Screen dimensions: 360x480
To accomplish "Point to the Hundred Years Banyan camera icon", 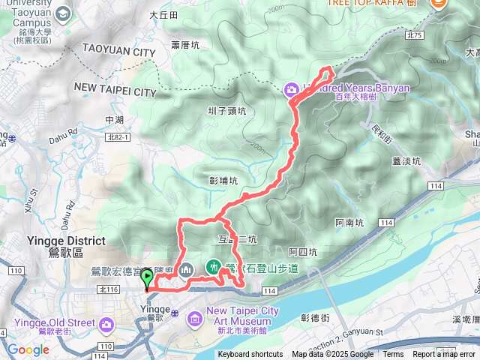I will point(291,90).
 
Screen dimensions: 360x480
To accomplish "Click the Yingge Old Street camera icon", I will point(106,324).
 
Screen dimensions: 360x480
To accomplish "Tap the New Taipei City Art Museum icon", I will point(195,320).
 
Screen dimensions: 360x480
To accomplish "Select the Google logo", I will point(28,349).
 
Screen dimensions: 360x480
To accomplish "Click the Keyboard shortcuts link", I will point(250,355).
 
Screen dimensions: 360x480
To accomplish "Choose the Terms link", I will point(393,355).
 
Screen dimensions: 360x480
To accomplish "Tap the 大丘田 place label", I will point(163,15).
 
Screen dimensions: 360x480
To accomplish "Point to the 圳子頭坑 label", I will point(226,111).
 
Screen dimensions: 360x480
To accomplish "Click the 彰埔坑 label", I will point(223,181).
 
